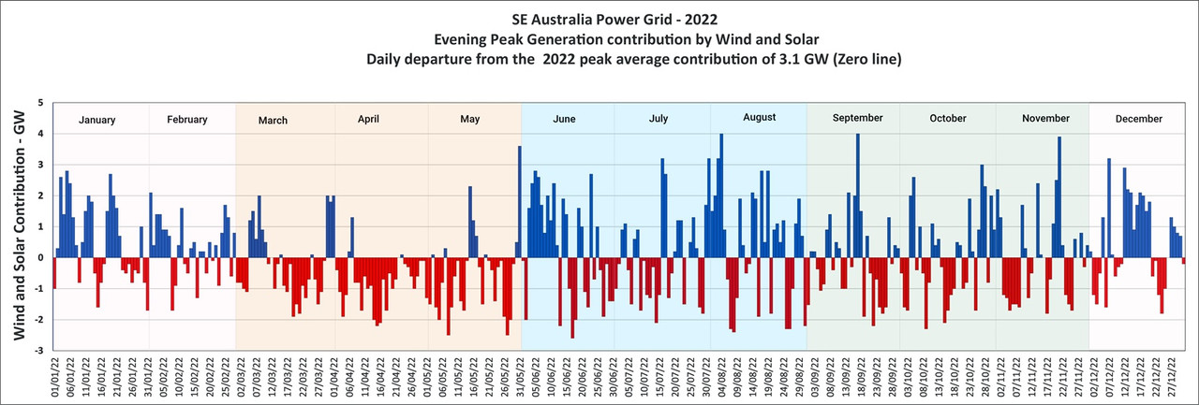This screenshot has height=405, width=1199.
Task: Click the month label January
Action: (x=96, y=120)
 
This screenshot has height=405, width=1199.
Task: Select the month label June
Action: (x=565, y=120)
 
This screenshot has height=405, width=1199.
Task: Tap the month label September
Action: (x=857, y=118)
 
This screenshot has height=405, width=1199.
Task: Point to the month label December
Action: (x=1139, y=119)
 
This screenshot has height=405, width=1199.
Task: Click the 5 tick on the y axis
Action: (x=39, y=102)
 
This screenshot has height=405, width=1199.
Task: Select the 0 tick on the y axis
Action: (x=39, y=258)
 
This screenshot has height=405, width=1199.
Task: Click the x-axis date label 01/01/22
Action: (x=53, y=378)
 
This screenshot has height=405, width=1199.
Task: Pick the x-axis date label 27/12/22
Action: (x=1172, y=378)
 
